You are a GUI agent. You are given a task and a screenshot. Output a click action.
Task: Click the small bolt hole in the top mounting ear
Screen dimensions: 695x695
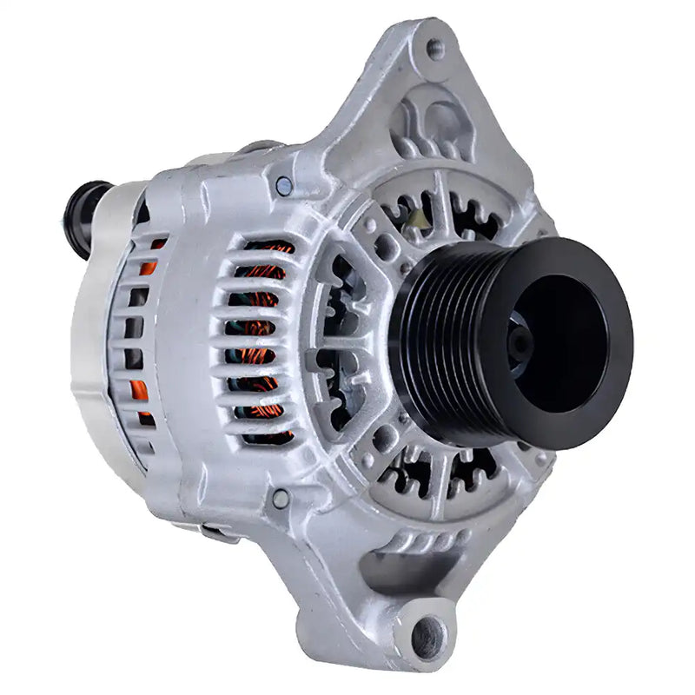(x=435, y=49)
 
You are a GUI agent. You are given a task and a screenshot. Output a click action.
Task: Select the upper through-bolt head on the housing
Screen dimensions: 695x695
(x=284, y=185)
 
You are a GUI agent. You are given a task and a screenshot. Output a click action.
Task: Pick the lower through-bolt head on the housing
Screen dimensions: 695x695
(x=280, y=499)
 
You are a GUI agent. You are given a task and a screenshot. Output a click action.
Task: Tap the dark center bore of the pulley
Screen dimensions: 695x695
(x=556, y=343)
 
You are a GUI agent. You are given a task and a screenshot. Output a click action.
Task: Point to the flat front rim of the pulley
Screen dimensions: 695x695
(x=599, y=287)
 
